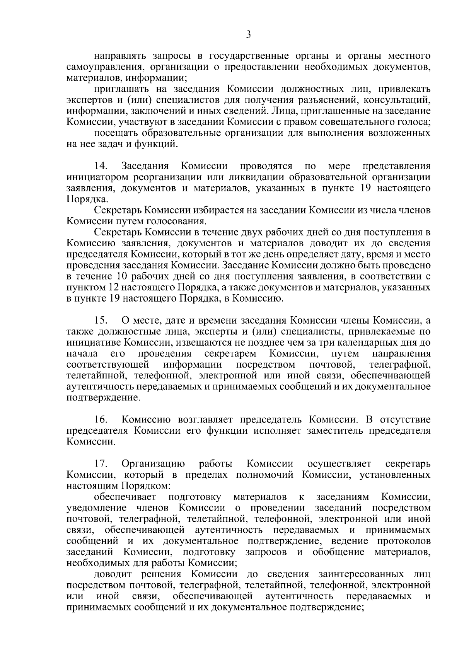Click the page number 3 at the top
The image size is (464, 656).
(248, 35)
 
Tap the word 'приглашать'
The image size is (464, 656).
(119, 89)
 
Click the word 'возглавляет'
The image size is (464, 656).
(206, 420)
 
